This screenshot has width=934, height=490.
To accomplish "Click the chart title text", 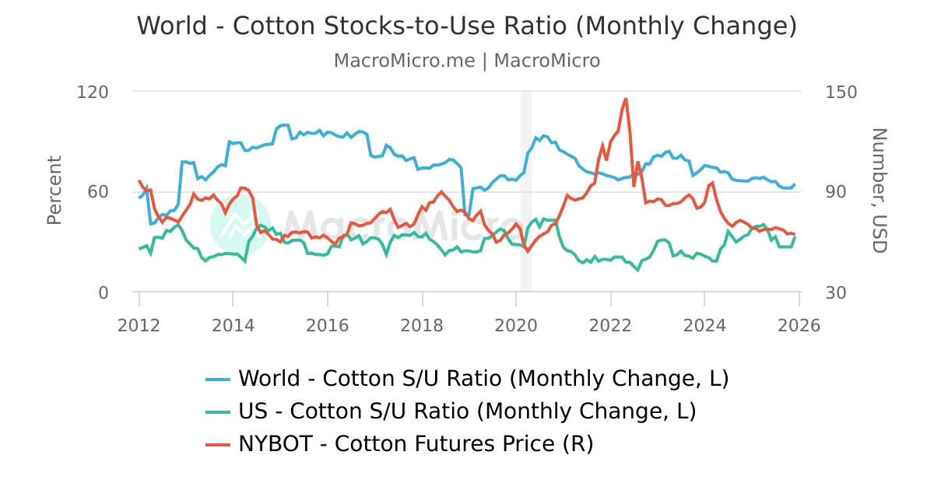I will click(x=467, y=26).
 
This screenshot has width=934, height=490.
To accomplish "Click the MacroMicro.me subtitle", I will click(x=467, y=61).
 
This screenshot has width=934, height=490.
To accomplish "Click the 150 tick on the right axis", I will click(x=841, y=92).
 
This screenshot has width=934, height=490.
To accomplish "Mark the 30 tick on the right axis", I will click(x=836, y=292).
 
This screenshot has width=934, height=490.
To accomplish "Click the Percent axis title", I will click(x=54, y=191).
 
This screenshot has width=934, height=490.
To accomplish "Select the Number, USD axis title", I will click(x=879, y=191).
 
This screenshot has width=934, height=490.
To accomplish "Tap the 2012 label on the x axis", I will click(x=139, y=325).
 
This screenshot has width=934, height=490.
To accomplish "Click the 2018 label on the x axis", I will click(x=422, y=325).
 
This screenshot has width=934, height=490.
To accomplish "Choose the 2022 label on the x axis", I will click(x=610, y=325).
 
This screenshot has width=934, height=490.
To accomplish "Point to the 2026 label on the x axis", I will click(x=799, y=325).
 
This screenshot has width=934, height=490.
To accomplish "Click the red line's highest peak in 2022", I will click(x=626, y=100).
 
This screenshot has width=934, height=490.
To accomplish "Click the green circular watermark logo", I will click(x=240, y=224).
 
